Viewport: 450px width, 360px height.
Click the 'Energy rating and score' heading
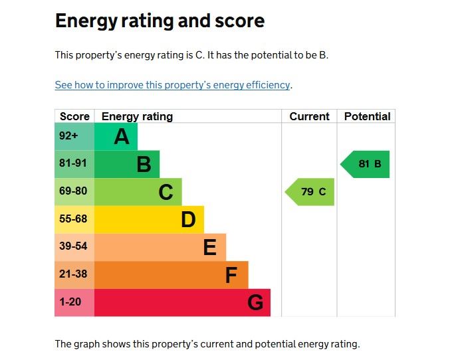click(160, 21)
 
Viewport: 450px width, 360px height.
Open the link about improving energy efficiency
click(173, 85)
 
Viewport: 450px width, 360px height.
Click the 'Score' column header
click(74, 116)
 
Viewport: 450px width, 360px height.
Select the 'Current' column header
click(309, 116)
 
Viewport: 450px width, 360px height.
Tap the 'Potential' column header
click(367, 116)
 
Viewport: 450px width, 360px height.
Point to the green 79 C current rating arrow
click(310, 192)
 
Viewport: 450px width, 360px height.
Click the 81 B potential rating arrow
click(366, 164)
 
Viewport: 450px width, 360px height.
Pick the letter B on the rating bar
click(144, 164)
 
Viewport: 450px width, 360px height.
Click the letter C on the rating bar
click(166, 192)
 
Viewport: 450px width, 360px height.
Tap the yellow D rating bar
click(149, 219)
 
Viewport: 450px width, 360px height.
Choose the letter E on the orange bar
click(209, 247)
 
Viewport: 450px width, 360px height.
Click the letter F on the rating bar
click(231, 275)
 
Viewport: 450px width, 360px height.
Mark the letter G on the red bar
click(255, 303)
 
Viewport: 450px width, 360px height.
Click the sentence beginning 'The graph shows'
click(207, 344)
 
